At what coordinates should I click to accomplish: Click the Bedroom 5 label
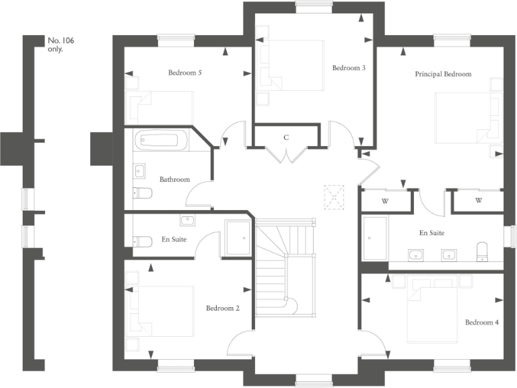click(x=185, y=72)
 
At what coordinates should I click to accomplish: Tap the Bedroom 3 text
click(x=349, y=68)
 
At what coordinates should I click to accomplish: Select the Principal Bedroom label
click(x=443, y=74)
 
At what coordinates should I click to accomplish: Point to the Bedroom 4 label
click(x=482, y=322)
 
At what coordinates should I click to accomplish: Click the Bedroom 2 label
click(x=223, y=308)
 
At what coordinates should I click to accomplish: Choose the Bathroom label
click(x=174, y=180)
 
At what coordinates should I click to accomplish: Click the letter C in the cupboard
click(x=286, y=137)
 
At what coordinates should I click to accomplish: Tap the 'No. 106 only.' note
click(x=61, y=45)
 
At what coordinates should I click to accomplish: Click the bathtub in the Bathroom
click(x=162, y=141)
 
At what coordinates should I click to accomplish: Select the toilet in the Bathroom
click(x=142, y=193)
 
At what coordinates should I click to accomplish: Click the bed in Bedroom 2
click(x=165, y=312)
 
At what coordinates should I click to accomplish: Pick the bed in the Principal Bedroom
click(x=464, y=118)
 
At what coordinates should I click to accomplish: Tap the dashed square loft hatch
click(x=333, y=197)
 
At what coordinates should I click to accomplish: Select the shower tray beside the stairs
click(x=238, y=237)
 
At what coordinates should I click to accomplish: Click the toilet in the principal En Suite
click(x=483, y=251)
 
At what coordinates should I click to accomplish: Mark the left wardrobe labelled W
click(x=386, y=201)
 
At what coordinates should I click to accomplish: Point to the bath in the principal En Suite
click(x=375, y=238)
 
